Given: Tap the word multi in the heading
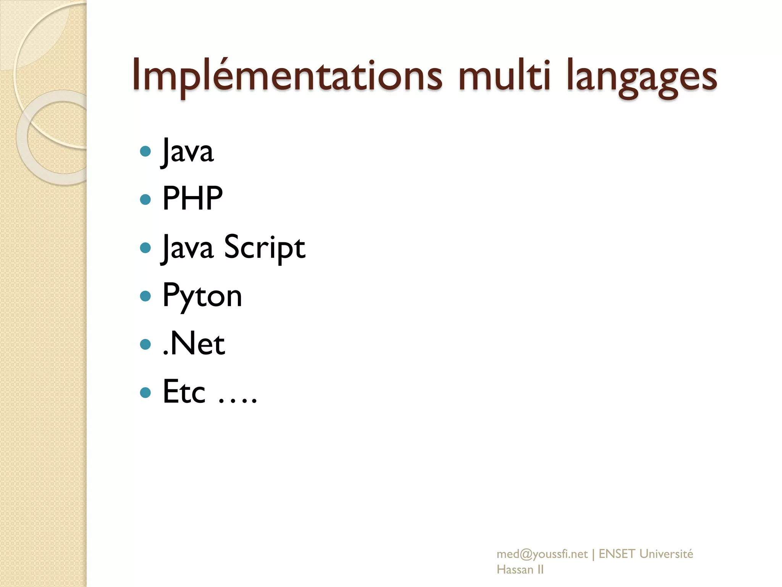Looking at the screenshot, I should click(504, 76).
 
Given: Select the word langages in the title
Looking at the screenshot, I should click(641, 78).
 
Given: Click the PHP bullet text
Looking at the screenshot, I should click(192, 198).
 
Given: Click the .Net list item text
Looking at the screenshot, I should click(194, 344).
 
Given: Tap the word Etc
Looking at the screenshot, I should click(184, 392).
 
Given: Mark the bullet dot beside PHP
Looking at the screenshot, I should click(145, 199).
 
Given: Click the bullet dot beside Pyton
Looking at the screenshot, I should click(145, 296).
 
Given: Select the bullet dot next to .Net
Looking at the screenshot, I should click(145, 344).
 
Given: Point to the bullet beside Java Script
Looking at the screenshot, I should click(145, 248).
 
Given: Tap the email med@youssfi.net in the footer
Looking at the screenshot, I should click(542, 554).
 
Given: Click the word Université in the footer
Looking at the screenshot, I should click(666, 554).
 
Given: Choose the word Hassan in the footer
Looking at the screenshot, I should click(515, 569).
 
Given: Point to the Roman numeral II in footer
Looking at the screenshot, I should click(540, 569).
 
